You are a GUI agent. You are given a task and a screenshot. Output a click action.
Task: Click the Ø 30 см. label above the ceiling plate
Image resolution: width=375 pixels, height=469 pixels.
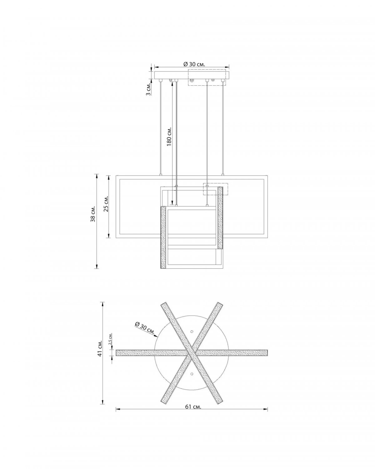coord(194,64)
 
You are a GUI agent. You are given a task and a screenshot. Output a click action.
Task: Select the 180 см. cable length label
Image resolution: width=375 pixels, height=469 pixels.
coord(170,136)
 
